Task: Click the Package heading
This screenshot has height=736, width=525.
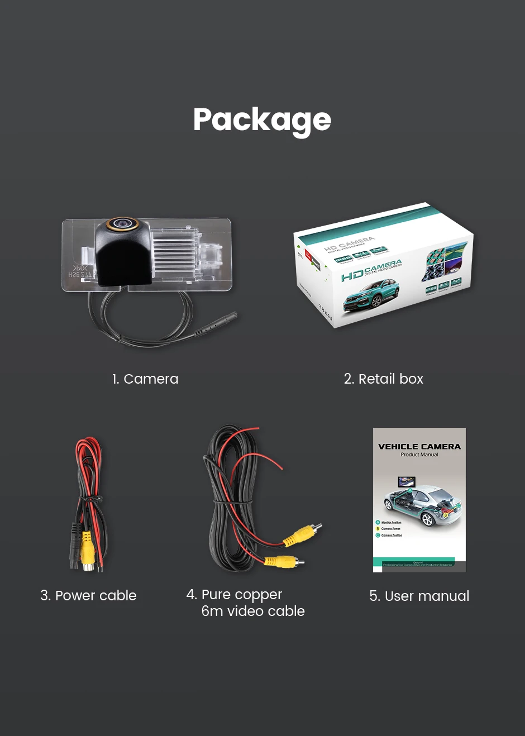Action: coord(262,120)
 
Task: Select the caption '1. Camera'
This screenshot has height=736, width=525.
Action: coord(145,379)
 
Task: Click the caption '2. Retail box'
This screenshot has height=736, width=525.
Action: coord(384,379)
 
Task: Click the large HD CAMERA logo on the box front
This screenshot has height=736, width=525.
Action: coord(371,270)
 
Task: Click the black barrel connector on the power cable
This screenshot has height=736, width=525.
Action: coord(75,544)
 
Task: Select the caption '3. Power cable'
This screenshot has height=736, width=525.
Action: coord(88,595)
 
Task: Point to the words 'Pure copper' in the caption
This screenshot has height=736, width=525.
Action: coord(241,594)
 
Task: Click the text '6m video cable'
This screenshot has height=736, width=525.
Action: coord(253,611)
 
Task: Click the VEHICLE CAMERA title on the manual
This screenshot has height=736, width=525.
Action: coord(419,447)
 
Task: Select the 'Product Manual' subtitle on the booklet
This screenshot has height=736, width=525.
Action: coord(419,455)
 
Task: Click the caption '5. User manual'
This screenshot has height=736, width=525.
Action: coord(419,596)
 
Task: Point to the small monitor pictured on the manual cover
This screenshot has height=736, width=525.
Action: coord(406,482)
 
